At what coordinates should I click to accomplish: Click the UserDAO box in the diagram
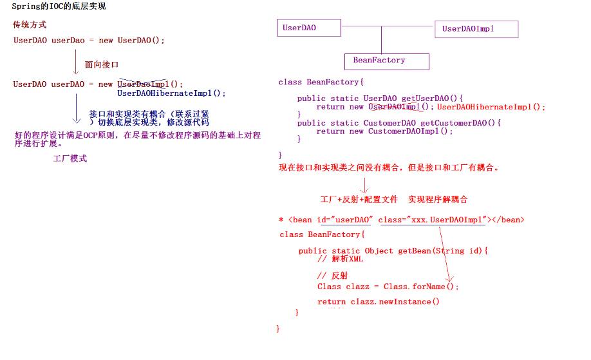click(x=310, y=28)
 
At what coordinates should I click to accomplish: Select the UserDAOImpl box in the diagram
click(x=476, y=29)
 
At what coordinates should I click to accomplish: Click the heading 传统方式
click(x=30, y=25)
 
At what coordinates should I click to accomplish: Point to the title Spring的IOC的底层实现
click(x=59, y=6)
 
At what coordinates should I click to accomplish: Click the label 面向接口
click(x=102, y=65)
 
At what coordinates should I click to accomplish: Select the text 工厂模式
click(x=70, y=158)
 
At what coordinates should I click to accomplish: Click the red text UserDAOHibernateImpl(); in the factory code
click(x=491, y=107)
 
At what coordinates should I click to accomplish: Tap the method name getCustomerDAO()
click(x=460, y=123)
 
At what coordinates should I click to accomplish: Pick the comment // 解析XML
click(x=340, y=259)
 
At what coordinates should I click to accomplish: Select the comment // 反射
click(x=333, y=276)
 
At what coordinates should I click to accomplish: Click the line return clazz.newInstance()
click(x=379, y=301)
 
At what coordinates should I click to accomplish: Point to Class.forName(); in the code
click(x=421, y=287)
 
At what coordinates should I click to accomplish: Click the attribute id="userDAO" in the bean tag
click(x=344, y=220)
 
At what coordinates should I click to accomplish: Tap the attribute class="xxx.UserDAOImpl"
click(x=432, y=220)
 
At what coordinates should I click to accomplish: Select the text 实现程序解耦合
click(x=438, y=200)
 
